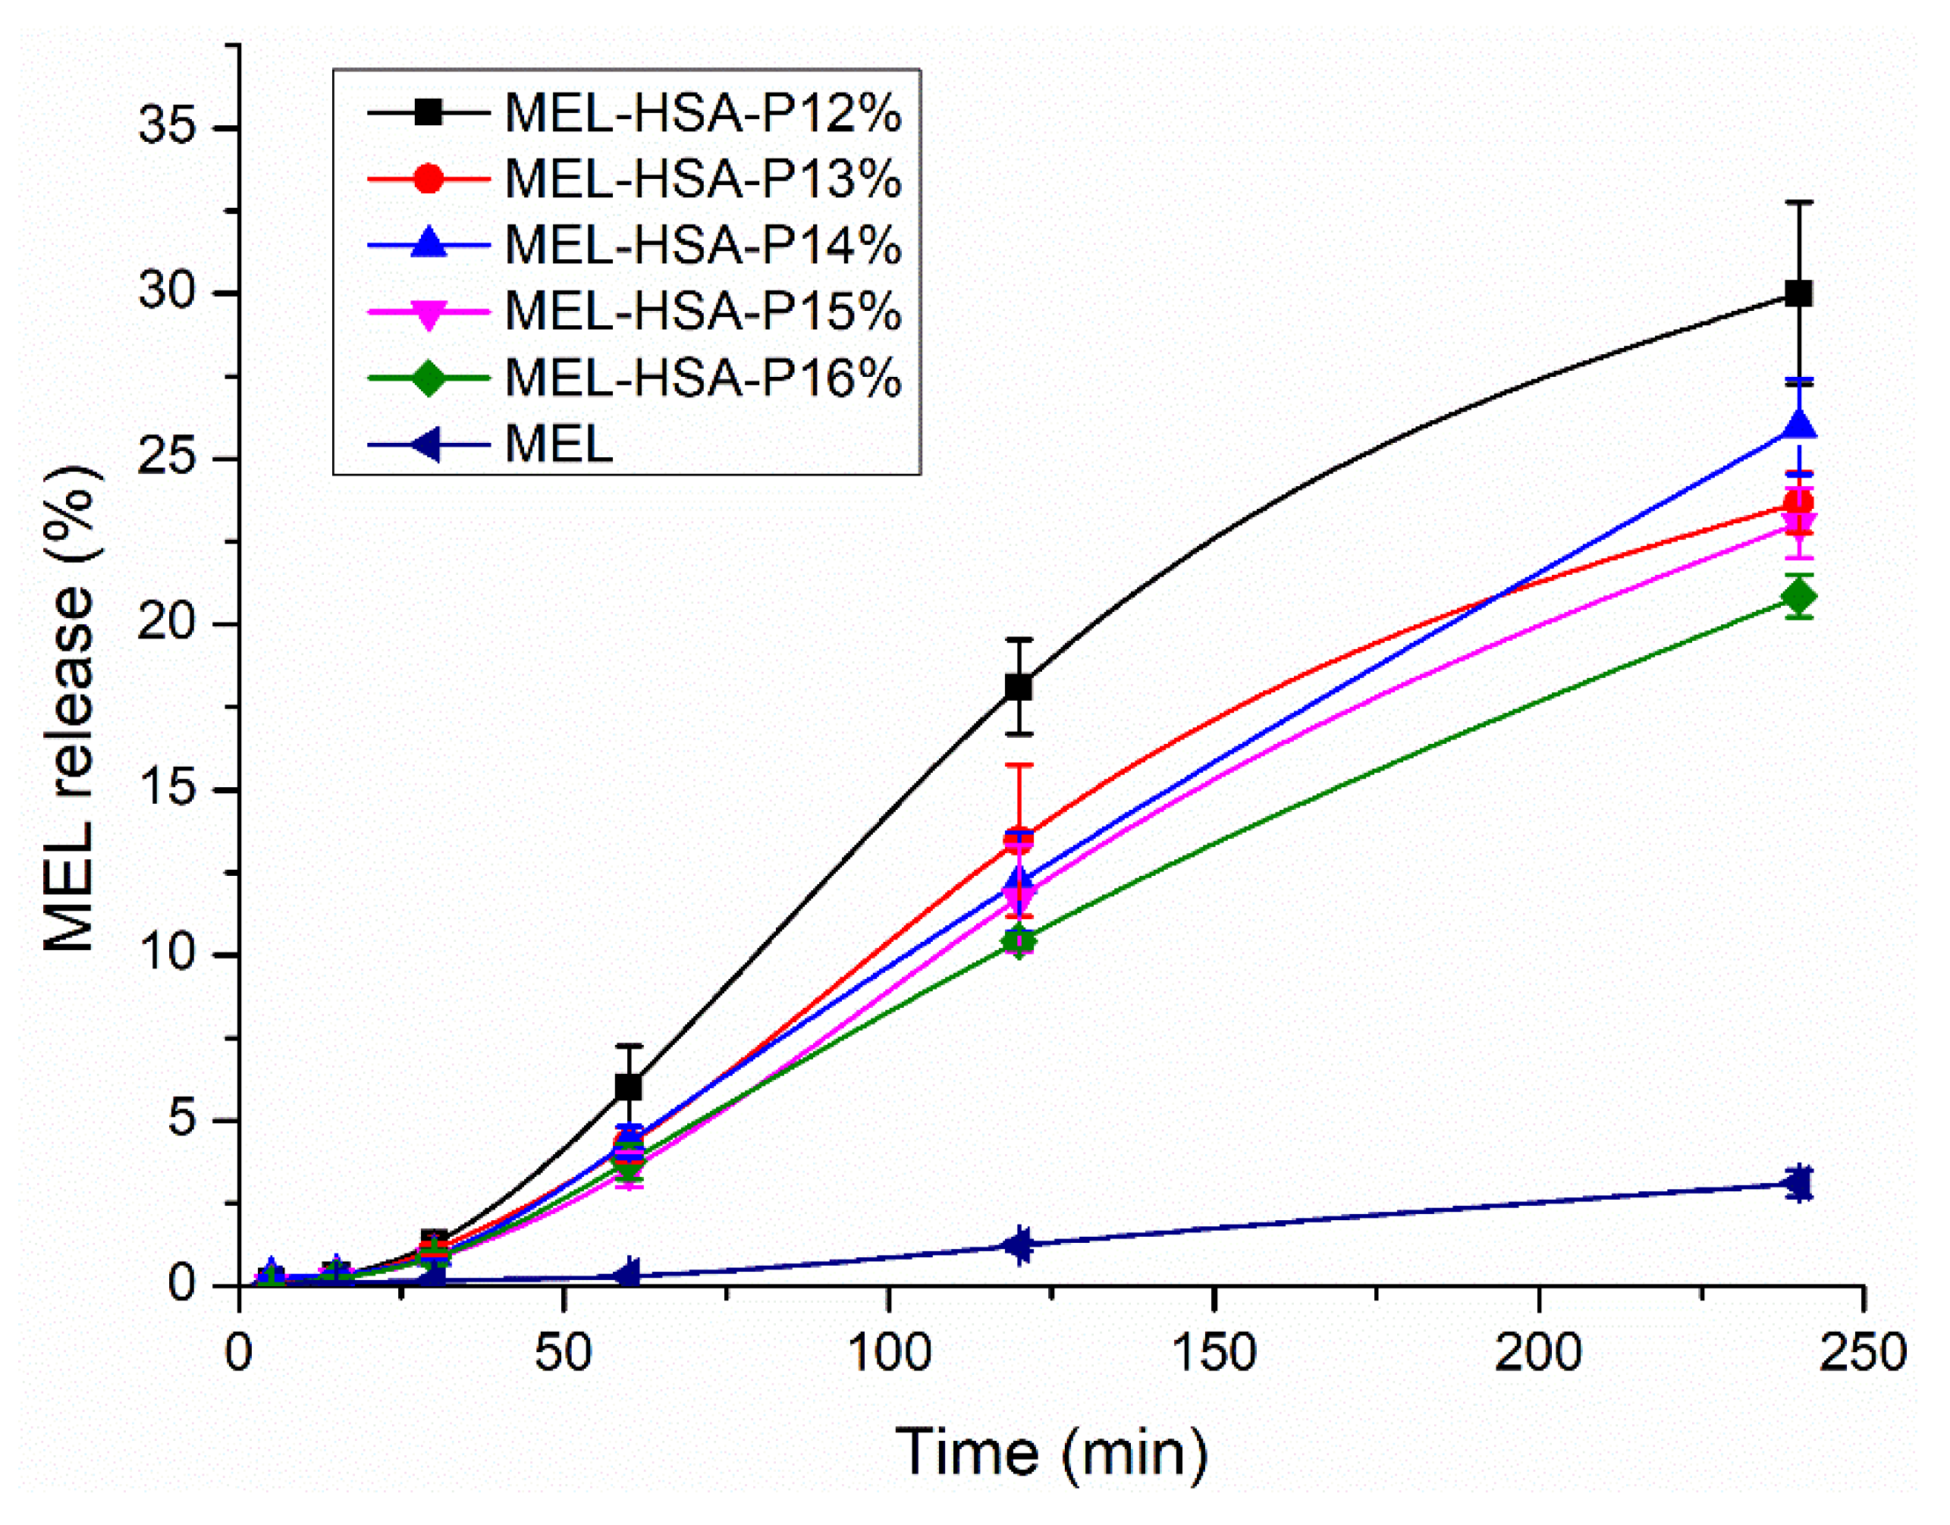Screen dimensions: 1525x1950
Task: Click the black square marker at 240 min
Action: click(1798, 293)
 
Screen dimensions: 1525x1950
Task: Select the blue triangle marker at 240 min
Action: click(1798, 427)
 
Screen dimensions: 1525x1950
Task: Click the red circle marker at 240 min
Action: click(1798, 502)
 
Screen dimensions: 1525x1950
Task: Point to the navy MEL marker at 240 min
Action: click(1798, 1184)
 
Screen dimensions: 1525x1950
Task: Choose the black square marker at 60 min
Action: click(629, 1087)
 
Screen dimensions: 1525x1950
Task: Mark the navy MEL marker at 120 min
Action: click(1019, 1244)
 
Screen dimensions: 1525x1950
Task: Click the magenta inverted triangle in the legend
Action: click(429, 312)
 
